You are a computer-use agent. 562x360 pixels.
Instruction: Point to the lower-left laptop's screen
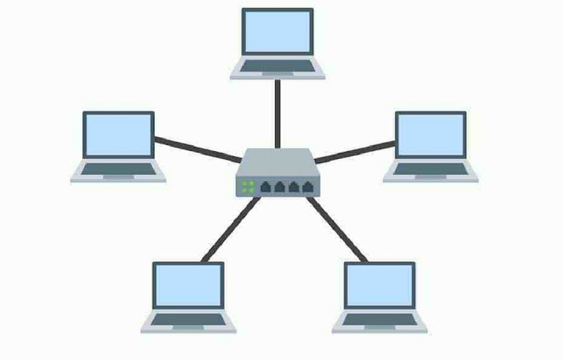(188, 286)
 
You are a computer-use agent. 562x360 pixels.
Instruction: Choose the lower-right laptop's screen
(379, 286)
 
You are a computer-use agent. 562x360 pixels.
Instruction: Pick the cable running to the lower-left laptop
(230, 230)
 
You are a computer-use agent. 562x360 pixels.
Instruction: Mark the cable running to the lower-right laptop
(338, 230)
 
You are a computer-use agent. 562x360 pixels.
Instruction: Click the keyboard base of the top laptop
(277, 70)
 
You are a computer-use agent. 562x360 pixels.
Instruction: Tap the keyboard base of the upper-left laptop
(119, 172)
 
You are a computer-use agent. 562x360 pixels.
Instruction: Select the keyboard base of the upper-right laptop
(430, 172)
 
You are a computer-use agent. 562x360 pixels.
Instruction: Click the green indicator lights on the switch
(248, 186)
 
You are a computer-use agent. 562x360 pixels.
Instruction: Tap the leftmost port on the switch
(266, 186)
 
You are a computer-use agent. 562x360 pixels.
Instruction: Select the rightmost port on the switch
(306, 186)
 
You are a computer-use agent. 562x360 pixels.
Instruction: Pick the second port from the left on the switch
(279, 186)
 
